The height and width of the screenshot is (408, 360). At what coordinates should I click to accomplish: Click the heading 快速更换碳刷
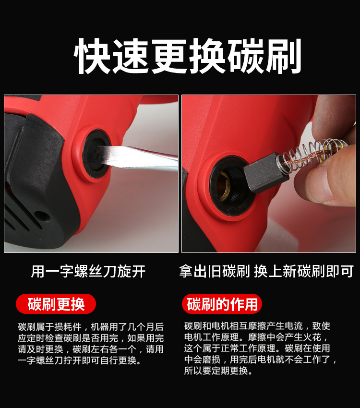pyautogui.click(x=187, y=57)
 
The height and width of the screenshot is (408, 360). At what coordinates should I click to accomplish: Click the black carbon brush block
pyautogui.click(x=266, y=172)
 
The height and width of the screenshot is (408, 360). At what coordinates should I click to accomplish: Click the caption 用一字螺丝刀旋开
pyautogui.click(x=88, y=271)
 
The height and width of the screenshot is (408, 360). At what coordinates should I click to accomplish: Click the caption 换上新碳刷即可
pyautogui.click(x=304, y=271)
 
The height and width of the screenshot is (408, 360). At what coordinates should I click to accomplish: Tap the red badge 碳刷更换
pyautogui.click(x=56, y=304)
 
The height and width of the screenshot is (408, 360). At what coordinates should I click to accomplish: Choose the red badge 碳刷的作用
pyautogui.click(x=222, y=304)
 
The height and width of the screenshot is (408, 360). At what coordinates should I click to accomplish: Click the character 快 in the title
pyautogui.click(x=92, y=57)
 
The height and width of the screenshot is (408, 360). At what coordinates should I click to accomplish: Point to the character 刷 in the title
pyautogui.click(x=284, y=57)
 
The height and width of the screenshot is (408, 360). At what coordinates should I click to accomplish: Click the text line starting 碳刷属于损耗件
pyautogui.click(x=91, y=326)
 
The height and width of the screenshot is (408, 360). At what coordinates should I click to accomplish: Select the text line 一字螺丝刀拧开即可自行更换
pyautogui.click(x=80, y=360)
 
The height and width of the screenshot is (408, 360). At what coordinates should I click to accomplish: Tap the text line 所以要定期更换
pyautogui.click(x=218, y=371)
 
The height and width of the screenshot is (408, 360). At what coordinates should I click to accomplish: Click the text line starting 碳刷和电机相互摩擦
pyautogui.click(x=257, y=326)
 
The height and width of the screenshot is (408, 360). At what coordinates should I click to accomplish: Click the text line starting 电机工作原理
pyautogui.click(x=256, y=337)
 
